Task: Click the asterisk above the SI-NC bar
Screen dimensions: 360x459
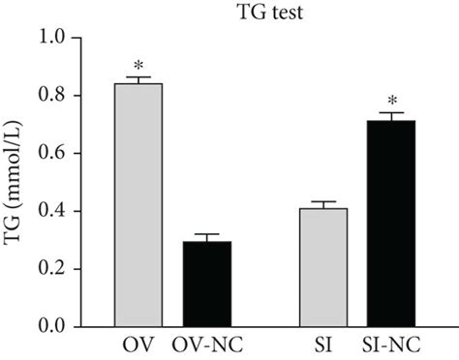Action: click(392, 100)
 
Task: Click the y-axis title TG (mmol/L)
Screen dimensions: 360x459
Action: click(16, 183)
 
